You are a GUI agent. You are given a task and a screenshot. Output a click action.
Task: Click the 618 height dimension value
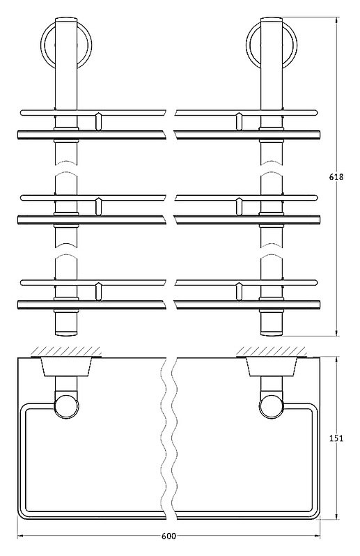click(336, 176)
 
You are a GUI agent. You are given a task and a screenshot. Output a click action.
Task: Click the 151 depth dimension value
click(336, 438)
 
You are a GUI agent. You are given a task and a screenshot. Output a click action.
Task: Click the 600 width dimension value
click(169, 536)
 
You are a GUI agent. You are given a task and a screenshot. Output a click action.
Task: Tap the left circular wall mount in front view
click(66, 45)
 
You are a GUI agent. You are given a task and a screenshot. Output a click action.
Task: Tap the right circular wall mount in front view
click(272, 45)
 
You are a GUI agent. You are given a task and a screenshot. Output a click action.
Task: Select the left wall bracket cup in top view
click(66, 366)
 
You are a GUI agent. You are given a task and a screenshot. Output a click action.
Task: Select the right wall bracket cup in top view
click(272, 366)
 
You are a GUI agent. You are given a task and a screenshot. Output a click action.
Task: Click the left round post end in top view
click(66, 406)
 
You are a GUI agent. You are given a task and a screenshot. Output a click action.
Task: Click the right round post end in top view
click(272, 406)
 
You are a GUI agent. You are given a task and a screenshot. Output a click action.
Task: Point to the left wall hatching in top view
click(66, 352)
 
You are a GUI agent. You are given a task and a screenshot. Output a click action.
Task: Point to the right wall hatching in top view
click(272, 352)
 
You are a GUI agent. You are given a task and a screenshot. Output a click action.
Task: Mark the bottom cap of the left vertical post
click(66, 333)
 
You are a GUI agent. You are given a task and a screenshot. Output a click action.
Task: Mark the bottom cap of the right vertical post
click(272, 333)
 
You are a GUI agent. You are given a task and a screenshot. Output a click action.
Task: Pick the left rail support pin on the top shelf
click(99, 122)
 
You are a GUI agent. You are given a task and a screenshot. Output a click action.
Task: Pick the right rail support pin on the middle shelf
click(239, 207)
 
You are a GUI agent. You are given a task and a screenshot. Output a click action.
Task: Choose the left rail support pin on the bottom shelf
click(99, 292)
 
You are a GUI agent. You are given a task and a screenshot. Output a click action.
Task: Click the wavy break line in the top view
click(169, 438)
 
